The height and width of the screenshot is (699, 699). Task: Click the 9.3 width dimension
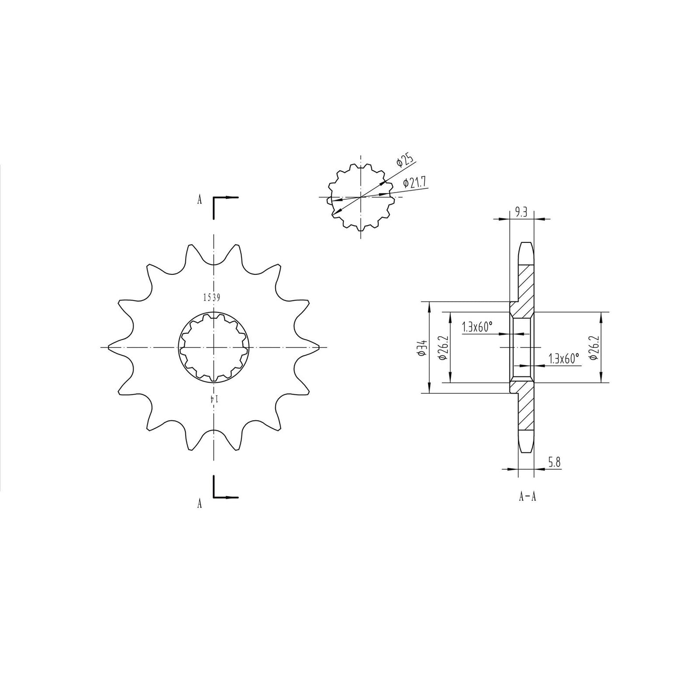[x=521, y=211]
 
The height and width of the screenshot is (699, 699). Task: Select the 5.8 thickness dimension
[x=554, y=462]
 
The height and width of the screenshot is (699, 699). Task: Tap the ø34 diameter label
[x=422, y=348]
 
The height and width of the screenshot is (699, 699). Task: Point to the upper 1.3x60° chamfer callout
[x=477, y=327]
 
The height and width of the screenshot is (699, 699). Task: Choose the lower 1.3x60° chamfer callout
[x=564, y=359]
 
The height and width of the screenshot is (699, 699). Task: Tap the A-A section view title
[x=527, y=496]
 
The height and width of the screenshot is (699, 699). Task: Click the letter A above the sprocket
[x=199, y=200]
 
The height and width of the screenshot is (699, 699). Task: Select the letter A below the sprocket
[x=199, y=504]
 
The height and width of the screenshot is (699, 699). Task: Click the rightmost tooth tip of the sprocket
[x=319, y=346]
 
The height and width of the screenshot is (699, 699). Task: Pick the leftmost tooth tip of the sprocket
[x=109, y=346]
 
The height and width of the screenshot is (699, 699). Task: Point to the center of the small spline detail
[x=361, y=197]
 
